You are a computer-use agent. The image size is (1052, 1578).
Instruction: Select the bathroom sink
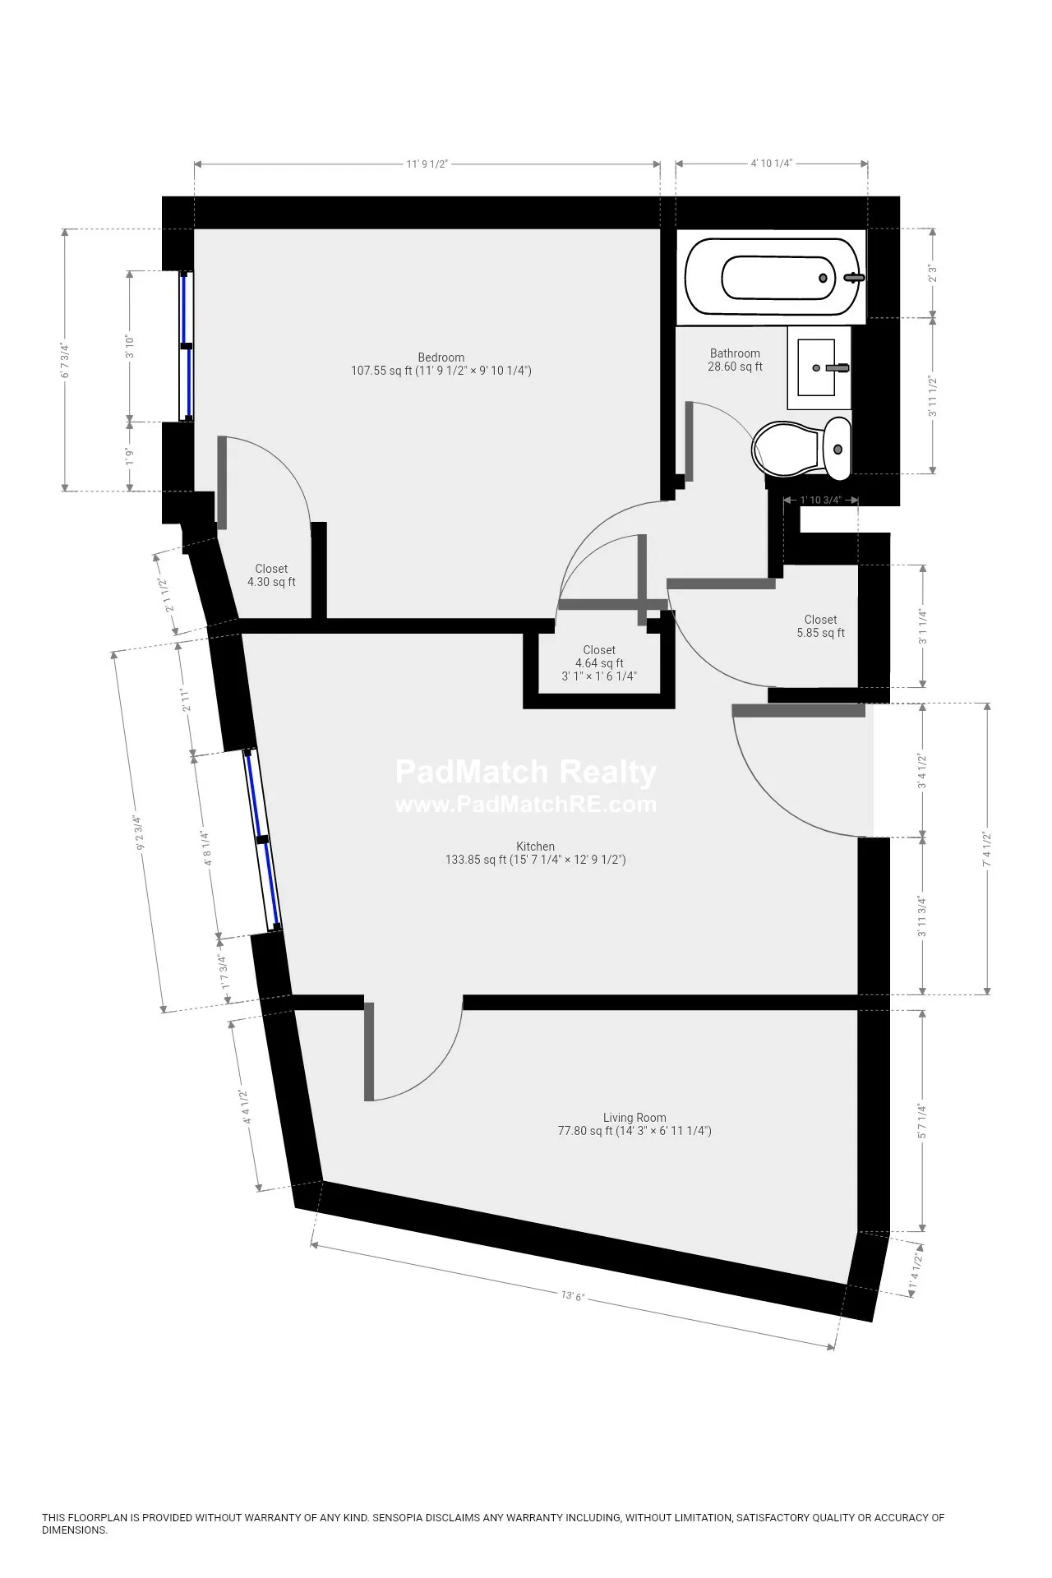(818, 367)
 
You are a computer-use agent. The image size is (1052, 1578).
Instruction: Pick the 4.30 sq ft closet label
(271, 575)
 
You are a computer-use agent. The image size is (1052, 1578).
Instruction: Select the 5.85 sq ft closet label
(820, 626)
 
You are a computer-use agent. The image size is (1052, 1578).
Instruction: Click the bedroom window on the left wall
(187, 346)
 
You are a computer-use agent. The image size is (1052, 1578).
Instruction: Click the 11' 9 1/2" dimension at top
(427, 164)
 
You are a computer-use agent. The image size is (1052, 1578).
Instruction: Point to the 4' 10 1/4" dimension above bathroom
(771, 164)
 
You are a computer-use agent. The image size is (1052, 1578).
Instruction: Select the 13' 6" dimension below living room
(572, 1296)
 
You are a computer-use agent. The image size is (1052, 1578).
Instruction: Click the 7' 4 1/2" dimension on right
(987, 849)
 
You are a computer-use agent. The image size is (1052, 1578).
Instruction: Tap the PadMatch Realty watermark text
(526, 773)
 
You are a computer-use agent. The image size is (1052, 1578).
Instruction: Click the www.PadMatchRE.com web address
(526, 804)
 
